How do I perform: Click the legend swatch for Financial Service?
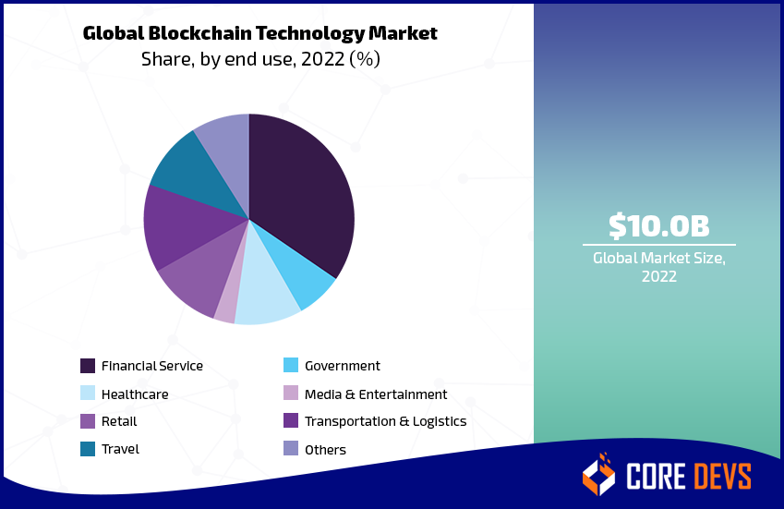[x=88, y=366]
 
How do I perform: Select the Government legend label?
[x=342, y=366]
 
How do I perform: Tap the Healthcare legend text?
[x=135, y=394]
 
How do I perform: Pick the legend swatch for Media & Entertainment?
[x=291, y=394]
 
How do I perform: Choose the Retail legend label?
[x=119, y=421]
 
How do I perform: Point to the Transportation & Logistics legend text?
[x=385, y=421]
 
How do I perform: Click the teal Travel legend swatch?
[x=88, y=449]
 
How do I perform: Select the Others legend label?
[x=325, y=450]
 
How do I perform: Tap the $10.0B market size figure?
[x=658, y=225]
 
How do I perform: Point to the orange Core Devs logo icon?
[x=598, y=474]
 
